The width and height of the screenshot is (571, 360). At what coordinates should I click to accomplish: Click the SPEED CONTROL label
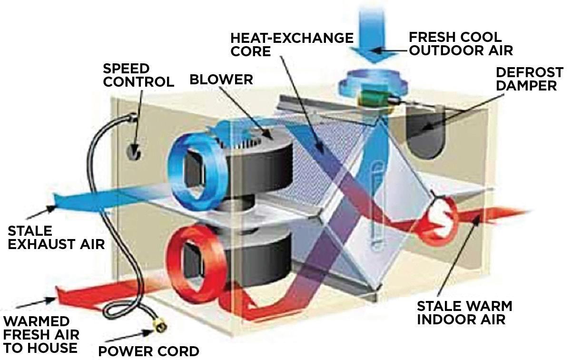click(138, 75)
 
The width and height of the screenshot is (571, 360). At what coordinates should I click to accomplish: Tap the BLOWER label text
click(221, 79)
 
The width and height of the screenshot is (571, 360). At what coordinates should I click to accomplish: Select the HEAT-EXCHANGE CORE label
click(292, 44)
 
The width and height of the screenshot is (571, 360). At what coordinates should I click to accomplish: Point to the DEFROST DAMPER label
click(529, 79)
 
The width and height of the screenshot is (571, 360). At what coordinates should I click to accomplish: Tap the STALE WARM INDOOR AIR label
click(464, 312)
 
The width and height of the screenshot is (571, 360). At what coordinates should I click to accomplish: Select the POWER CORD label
click(148, 351)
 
